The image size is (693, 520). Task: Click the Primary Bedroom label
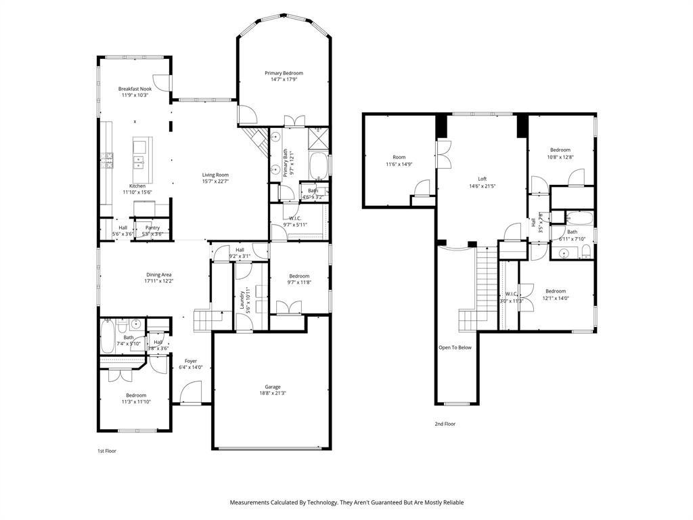284,73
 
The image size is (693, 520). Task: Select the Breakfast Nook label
135,89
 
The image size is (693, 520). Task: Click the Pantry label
153,227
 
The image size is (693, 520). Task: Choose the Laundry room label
242,300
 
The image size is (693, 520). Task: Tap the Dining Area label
158,275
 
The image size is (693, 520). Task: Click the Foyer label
191,361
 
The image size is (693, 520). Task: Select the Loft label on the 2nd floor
483,179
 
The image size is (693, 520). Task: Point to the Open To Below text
455,347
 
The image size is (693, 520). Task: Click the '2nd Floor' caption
445,424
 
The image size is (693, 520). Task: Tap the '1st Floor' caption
107,450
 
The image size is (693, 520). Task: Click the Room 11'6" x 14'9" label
399,157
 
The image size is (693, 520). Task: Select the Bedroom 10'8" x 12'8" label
560,150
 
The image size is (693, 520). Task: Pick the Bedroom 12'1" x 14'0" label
556,291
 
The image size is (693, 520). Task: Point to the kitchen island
142,154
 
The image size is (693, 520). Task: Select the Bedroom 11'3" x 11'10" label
135,395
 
